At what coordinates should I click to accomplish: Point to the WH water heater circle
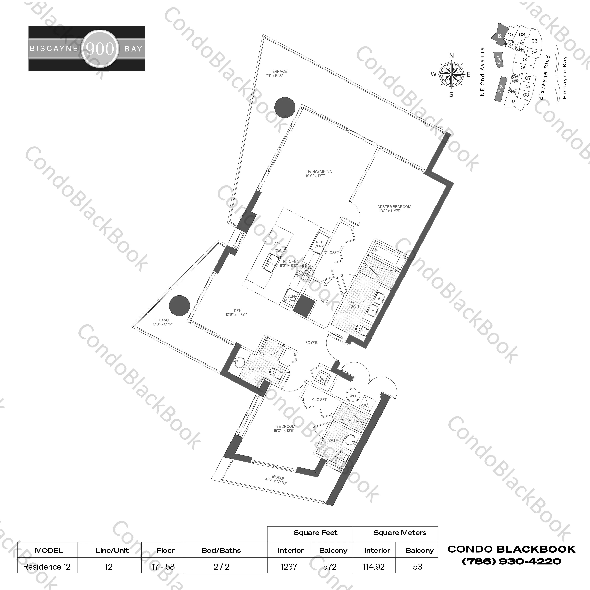pos(352,396)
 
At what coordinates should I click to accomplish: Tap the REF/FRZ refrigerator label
pos(319,244)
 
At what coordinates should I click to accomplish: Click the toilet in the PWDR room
pos(274,372)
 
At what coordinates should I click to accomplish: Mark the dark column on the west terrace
pos(180,306)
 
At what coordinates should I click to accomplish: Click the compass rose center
pos(451,74)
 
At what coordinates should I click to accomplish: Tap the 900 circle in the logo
pos(100,48)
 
